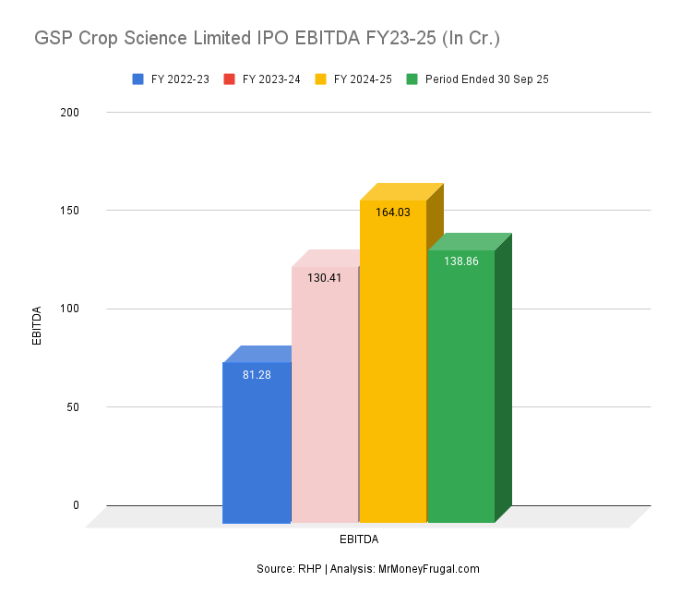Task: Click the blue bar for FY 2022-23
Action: coord(257,443)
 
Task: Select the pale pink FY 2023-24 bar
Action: coord(325,397)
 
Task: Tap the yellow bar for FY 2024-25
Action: coord(393,370)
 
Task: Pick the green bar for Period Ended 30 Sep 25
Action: coord(460,388)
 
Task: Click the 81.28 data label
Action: coord(257,375)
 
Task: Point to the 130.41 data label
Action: coord(325,277)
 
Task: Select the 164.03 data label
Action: coord(393,212)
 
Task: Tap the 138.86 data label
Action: coord(460,261)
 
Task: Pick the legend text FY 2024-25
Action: coord(363,79)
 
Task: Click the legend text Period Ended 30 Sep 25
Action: coord(486,79)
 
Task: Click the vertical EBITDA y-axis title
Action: coord(38,325)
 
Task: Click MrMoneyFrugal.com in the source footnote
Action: coord(428,569)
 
